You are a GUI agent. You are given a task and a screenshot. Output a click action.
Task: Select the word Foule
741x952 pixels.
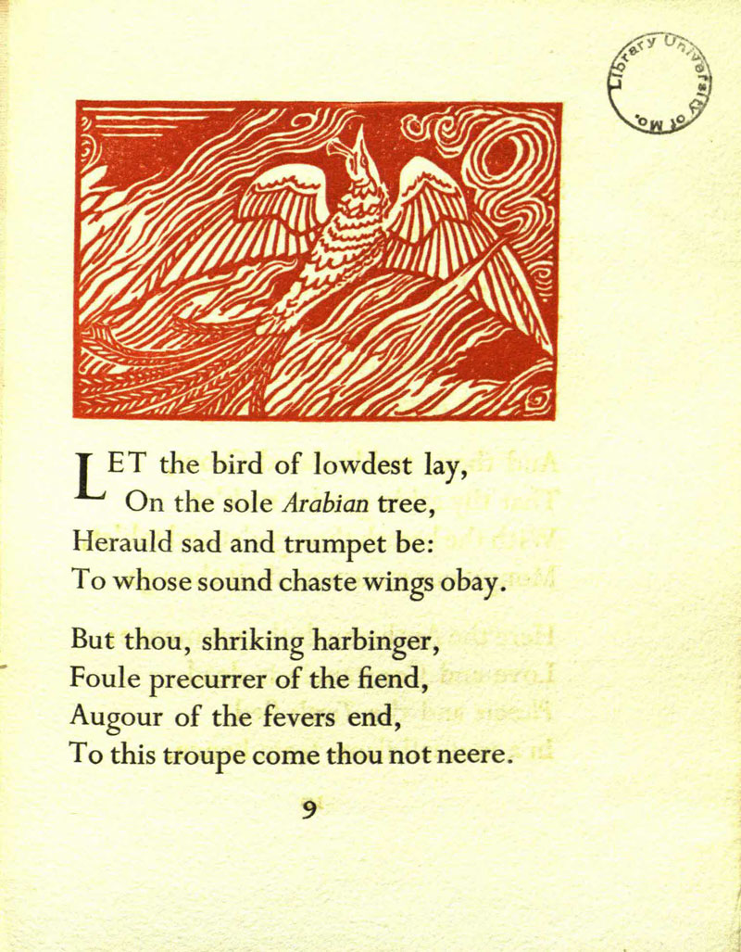[104, 679]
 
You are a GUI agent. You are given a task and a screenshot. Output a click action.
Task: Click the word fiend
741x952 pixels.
[394, 679]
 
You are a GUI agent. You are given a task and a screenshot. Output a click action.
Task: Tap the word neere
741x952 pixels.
[474, 756]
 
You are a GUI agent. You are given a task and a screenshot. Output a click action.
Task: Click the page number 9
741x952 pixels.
[309, 810]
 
